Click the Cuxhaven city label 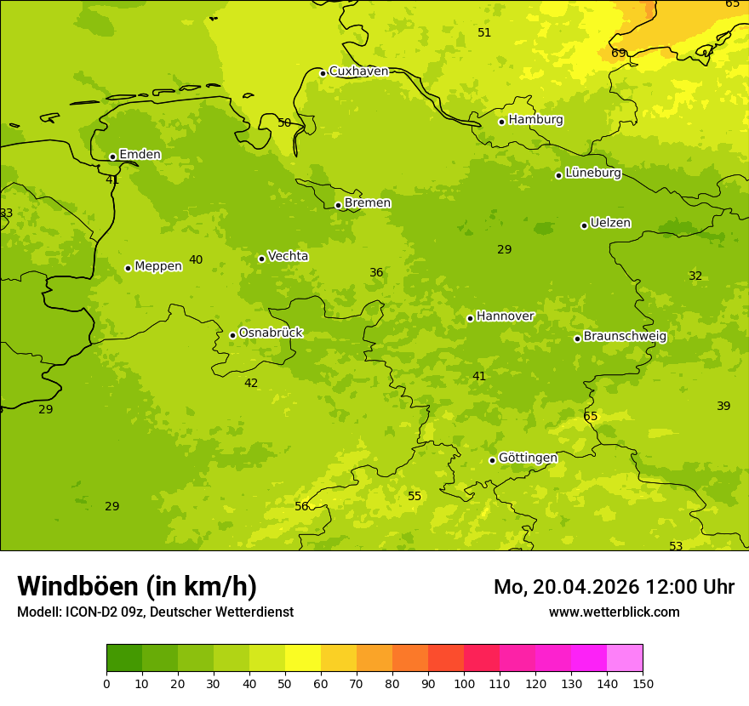[358, 71]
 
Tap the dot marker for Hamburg [502, 122]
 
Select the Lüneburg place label [593, 173]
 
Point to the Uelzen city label [610, 223]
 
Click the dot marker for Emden [112, 157]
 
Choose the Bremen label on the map [368, 202]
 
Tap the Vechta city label [288, 256]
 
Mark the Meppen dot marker [128, 268]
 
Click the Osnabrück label [271, 333]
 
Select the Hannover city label [505, 316]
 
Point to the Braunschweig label [625, 336]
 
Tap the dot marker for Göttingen [492, 460]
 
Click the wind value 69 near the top [619, 53]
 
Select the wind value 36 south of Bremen [376, 272]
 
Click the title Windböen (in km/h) [137, 586]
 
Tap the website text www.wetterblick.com [614, 612]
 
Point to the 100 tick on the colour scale [464, 682]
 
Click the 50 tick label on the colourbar [285, 682]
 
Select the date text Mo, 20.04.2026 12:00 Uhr [614, 587]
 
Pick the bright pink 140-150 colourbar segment [625, 658]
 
